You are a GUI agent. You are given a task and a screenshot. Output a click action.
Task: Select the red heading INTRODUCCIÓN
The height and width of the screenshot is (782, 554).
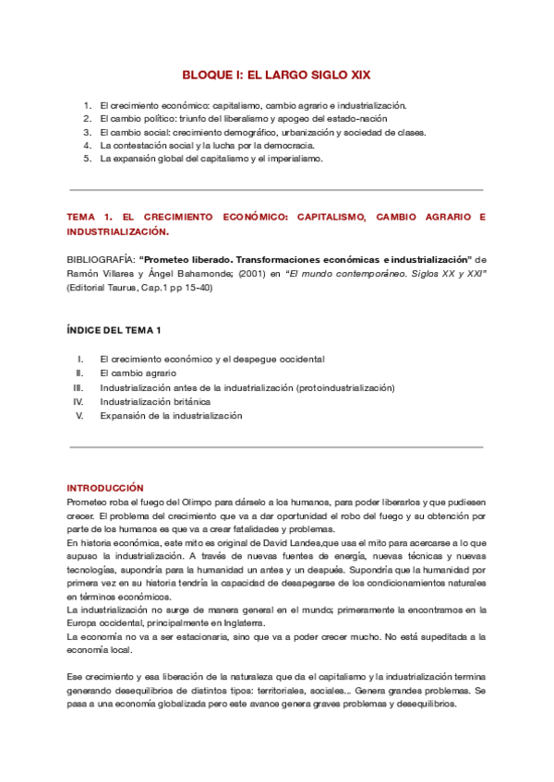pos(105,487)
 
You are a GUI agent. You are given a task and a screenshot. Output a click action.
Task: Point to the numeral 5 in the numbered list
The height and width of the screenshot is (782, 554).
pos(88,159)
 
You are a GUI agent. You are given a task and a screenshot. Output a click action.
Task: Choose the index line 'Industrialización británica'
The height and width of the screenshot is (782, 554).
pos(155,402)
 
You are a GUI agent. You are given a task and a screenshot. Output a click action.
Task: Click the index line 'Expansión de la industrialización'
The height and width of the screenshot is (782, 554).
pos(171,416)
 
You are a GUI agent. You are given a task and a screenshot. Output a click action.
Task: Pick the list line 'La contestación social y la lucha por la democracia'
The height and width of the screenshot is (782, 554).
pos(208,145)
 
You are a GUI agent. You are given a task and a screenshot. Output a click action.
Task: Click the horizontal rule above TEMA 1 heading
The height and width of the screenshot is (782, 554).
pos(277,190)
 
